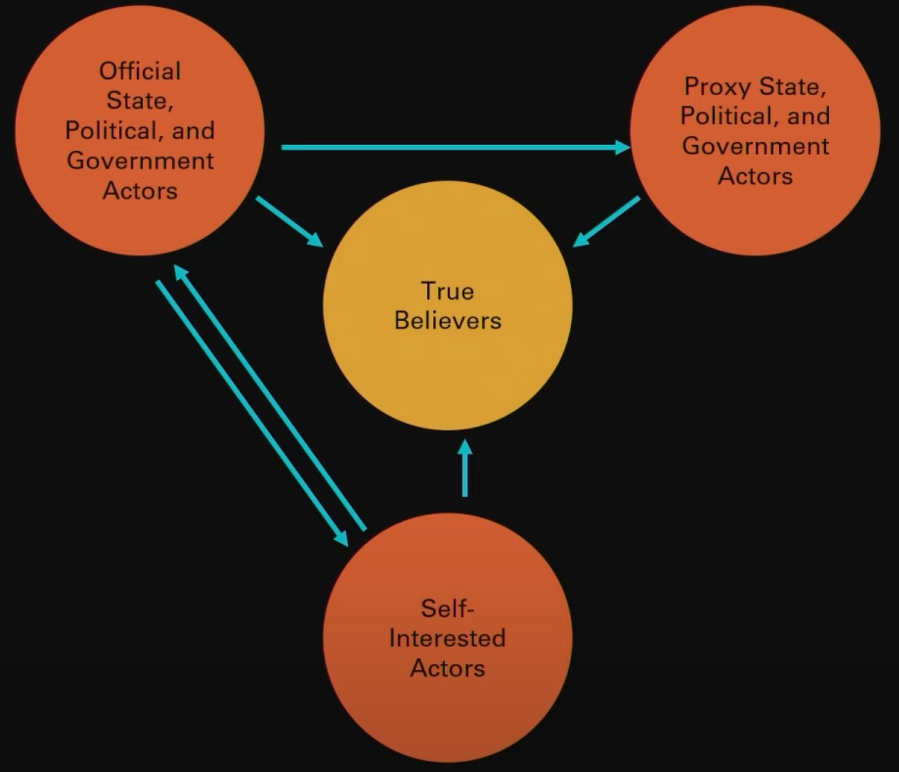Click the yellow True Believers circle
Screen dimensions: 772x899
pos(448,358)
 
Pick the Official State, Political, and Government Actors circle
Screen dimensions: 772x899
pos(140,222)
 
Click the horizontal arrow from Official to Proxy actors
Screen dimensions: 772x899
pos(451,148)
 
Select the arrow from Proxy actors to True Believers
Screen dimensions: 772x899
pos(606,222)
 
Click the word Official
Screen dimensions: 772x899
pos(140,71)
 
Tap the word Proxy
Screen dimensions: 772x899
pos(717,86)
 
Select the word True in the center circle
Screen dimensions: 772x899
pos(448,291)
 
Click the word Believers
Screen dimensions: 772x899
pos(448,321)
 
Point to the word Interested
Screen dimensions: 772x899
pos(448,638)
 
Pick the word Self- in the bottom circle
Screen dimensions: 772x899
pos(448,608)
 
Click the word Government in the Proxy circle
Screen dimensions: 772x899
pos(755,146)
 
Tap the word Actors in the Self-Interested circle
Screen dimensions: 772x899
pos(448,668)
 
